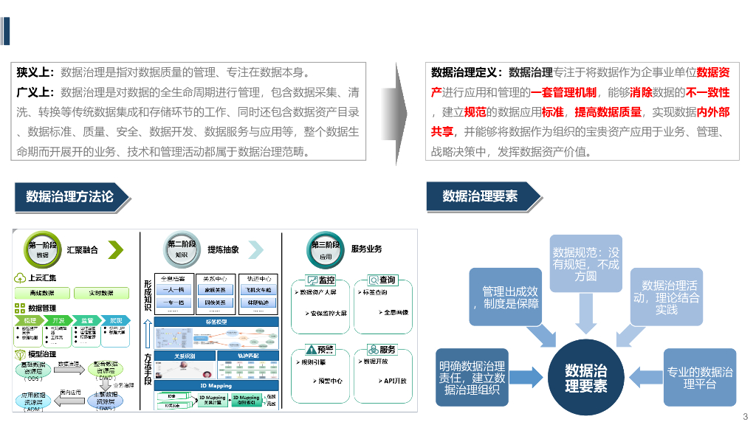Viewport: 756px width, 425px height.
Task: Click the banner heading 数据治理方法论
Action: (x=70, y=196)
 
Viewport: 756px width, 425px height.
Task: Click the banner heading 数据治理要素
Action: (x=480, y=196)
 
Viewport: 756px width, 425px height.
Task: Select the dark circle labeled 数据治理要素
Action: (x=585, y=377)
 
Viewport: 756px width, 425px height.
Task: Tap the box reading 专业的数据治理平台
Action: (x=700, y=377)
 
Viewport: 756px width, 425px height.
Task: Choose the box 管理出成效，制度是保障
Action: (x=510, y=297)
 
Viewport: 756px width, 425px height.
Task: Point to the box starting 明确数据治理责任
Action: (x=472, y=378)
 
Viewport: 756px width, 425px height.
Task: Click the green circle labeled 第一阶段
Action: (x=42, y=249)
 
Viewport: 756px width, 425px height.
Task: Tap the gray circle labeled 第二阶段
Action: (x=182, y=249)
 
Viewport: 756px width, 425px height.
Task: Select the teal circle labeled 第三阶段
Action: (x=326, y=249)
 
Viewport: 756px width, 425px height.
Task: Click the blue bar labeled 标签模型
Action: (x=216, y=322)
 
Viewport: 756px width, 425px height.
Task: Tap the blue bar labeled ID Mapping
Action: (x=216, y=385)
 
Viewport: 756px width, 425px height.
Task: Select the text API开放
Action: (x=395, y=381)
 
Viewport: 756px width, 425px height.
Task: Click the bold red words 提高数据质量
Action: (x=608, y=112)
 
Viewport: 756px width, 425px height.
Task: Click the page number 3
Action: (x=744, y=415)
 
